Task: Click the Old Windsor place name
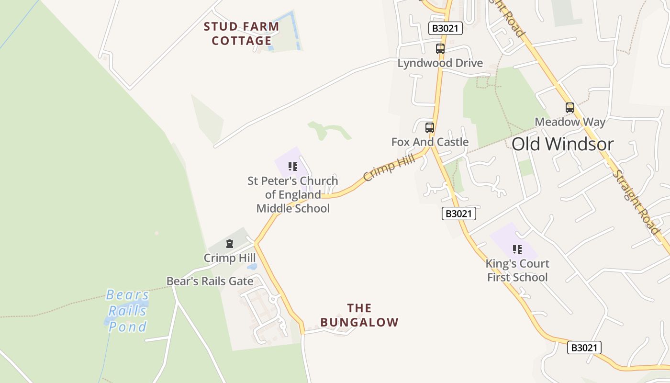point(562,144)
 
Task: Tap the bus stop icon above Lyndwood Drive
point(440,49)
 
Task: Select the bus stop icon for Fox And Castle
point(430,128)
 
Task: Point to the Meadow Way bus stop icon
point(569,108)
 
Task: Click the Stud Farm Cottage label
point(241,34)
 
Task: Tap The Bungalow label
point(359,315)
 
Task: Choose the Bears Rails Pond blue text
point(127,311)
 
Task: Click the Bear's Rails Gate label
point(210,281)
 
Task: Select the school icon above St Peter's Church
point(292,167)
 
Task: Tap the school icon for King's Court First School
point(517,249)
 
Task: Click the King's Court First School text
point(517,270)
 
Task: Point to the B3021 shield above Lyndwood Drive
point(445,28)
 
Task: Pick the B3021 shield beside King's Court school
point(458,214)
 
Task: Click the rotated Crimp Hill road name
point(389,167)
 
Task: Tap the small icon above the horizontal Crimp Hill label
point(230,244)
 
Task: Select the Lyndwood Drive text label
point(440,63)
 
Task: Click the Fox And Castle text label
point(430,142)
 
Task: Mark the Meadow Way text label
point(569,122)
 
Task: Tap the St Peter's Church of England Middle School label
point(293,194)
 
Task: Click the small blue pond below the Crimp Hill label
point(252,267)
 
